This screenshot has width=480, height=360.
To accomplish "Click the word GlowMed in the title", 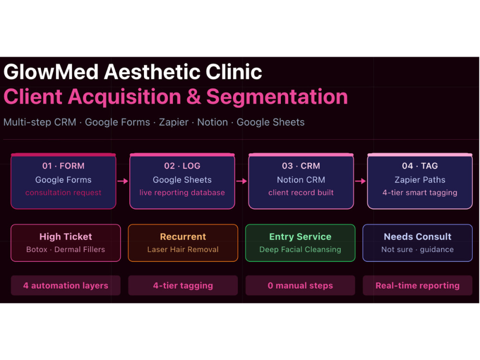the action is click(x=51, y=72).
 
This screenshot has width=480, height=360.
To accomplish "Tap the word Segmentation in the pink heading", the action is click(x=277, y=97).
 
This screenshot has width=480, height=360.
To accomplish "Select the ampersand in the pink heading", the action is click(x=194, y=97).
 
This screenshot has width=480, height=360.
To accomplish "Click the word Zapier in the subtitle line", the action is click(x=174, y=122).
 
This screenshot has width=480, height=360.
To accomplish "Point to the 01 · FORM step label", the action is click(x=63, y=166).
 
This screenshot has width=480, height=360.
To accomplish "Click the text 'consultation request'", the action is click(x=63, y=192).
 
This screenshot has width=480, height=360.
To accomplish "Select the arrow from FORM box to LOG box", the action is click(x=123, y=181).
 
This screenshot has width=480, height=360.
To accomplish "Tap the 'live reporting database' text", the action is click(x=182, y=192).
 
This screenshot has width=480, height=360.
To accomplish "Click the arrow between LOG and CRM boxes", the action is click(x=241, y=181).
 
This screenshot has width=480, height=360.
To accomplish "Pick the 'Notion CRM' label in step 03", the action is click(x=301, y=180).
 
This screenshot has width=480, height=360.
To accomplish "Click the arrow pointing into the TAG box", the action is click(x=360, y=181).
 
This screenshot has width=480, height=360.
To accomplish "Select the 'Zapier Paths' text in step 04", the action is click(x=420, y=180).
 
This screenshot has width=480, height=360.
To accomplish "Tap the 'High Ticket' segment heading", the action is click(x=65, y=237).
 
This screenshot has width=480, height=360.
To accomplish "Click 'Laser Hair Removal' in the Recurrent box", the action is click(x=183, y=250).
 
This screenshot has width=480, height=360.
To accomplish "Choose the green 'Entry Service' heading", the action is click(x=300, y=237).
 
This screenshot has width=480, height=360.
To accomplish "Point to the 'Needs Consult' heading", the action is click(x=418, y=237).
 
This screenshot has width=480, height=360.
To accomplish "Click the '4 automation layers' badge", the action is click(x=65, y=286).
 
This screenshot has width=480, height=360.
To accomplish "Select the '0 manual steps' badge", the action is click(x=300, y=286).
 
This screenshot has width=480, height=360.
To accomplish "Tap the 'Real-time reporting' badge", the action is click(x=418, y=286).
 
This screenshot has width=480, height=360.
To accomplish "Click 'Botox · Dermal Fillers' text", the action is click(x=65, y=250).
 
